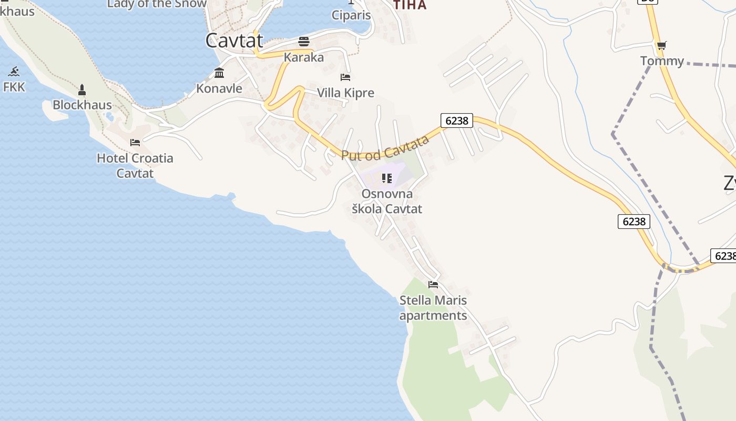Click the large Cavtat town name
click(x=234, y=41)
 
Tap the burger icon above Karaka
click(x=304, y=41)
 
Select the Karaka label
click(x=304, y=57)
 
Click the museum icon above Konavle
click(x=219, y=73)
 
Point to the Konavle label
click(x=219, y=88)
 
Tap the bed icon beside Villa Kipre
click(x=345, y=77)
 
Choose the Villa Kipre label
click(x=345, y=93)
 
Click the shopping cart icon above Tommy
click(x=661, y=46)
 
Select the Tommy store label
click(x=662, y=61)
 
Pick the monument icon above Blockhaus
click(x=82, y=89)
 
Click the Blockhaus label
click(x=82, y=105)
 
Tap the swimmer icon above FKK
click(x=14, y=72)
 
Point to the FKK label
click(x=14, y=87)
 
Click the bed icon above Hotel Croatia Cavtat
click(x=135, y=143)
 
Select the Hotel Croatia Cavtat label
click(x=135, y=165)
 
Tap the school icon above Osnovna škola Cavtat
click(x=387, y=178)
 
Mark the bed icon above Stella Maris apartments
click(x=433, y=285)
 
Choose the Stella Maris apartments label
click(x=433, y=308)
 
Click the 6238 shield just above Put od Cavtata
click(x=456, y=121)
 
